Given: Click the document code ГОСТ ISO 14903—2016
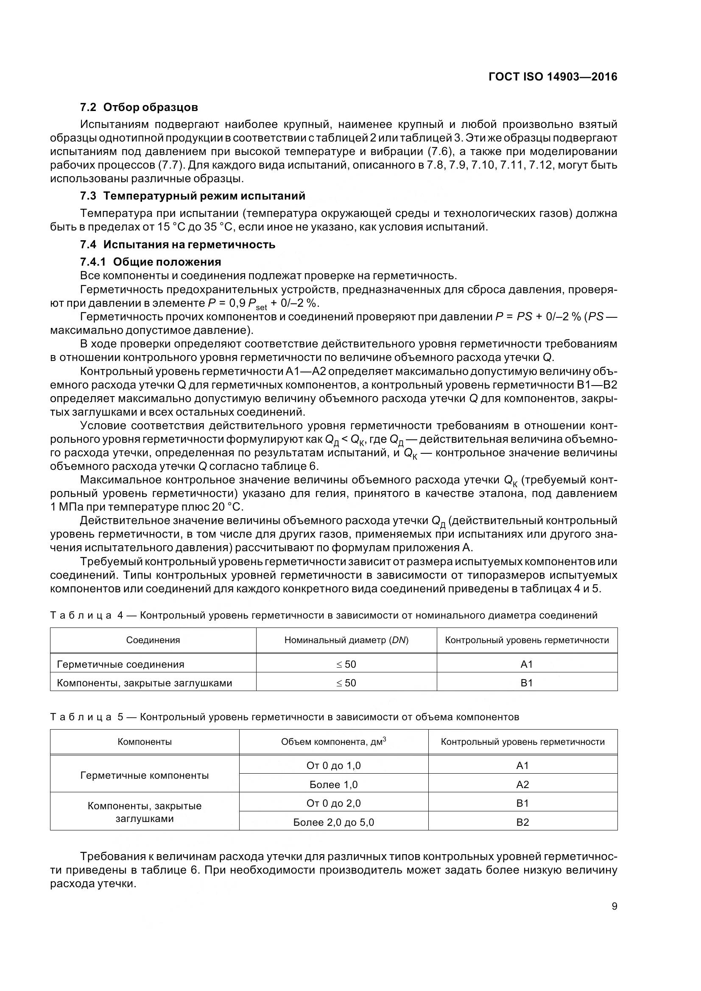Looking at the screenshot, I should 553,77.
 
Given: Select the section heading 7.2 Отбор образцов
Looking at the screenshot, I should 139,107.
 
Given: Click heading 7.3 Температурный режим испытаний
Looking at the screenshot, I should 193,196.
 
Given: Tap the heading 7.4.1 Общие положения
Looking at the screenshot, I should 150,262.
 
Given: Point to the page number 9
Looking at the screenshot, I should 614,906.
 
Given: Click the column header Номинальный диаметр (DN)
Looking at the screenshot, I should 346,640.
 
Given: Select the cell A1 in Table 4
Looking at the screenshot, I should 527,664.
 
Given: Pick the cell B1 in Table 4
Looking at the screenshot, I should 527,683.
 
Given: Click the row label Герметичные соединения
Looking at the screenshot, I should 120,664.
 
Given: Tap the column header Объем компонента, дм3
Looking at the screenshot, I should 333,741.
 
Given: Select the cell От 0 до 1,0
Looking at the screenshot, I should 333,766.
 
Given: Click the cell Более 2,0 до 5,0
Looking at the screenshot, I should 333,822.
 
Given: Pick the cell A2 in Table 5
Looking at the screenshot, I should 522,785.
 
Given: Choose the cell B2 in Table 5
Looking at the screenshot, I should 522,822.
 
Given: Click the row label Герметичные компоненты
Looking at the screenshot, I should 144,775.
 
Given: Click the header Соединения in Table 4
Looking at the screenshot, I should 153,640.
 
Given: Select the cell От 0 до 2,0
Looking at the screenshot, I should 333,803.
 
